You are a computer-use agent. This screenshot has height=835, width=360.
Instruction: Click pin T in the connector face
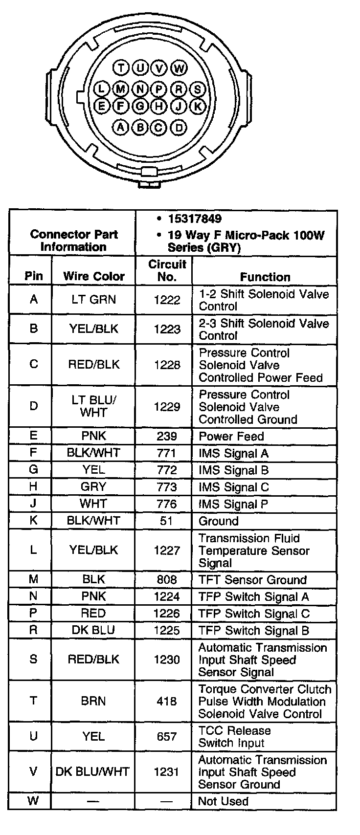click(x=120, y=67)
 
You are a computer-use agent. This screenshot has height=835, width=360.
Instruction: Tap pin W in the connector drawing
click(x=179, y=67)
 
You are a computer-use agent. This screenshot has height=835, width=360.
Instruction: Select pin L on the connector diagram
click(x=101, y=88)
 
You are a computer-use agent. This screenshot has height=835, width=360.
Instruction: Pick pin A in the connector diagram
click(x=120, y=128)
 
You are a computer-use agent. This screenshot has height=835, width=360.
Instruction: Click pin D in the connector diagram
click(x=179, y=128)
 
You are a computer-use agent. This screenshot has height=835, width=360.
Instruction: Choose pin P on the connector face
click(x=159, y=88)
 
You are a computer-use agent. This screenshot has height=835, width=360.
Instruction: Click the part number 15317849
click(x=194, y=219)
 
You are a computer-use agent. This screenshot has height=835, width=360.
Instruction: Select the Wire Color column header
click(x=93, y=276)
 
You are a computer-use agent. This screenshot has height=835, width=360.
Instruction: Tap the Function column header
click(x=265, y=277)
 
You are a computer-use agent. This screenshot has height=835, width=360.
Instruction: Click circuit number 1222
click(x=167, y=300)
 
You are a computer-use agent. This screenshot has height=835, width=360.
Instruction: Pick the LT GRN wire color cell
click(x=93, y=300)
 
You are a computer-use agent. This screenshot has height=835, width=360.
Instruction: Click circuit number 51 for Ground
click(x=167, y=521)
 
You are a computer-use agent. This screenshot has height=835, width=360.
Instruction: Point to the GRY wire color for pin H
click(x=93, y=487)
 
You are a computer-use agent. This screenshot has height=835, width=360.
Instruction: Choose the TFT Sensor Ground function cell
click(x=252, y=580)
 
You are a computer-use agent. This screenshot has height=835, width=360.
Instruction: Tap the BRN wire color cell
click(x=93, y=701)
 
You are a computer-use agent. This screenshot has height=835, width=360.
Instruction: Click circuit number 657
click(x=167, y=736)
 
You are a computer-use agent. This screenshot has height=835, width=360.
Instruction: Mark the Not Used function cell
click(x=223, y=801)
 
